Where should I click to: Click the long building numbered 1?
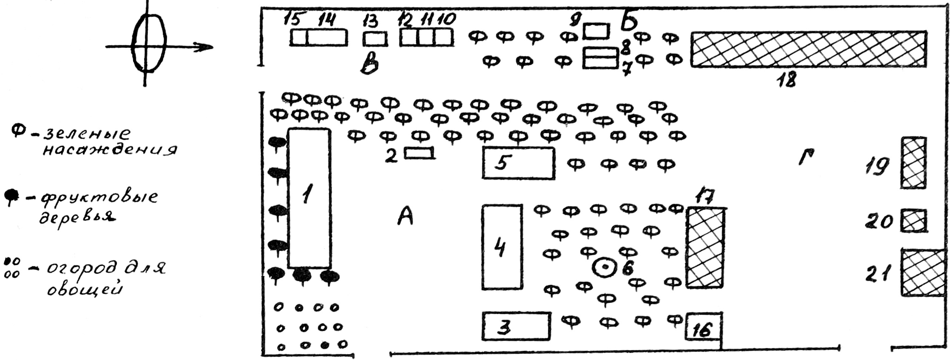(x=309, y=198)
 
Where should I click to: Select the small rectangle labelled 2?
(x=419, y=153)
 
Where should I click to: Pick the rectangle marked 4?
(x=502, y=247)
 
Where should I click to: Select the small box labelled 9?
(x=596, y=31)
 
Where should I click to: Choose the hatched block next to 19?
(x=913, y=163)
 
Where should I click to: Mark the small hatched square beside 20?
(x=914, y=221)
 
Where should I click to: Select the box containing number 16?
(x=703, y=326)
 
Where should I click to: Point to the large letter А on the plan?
(x=406, y=216)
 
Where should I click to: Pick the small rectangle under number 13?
(x=375, y=38)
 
